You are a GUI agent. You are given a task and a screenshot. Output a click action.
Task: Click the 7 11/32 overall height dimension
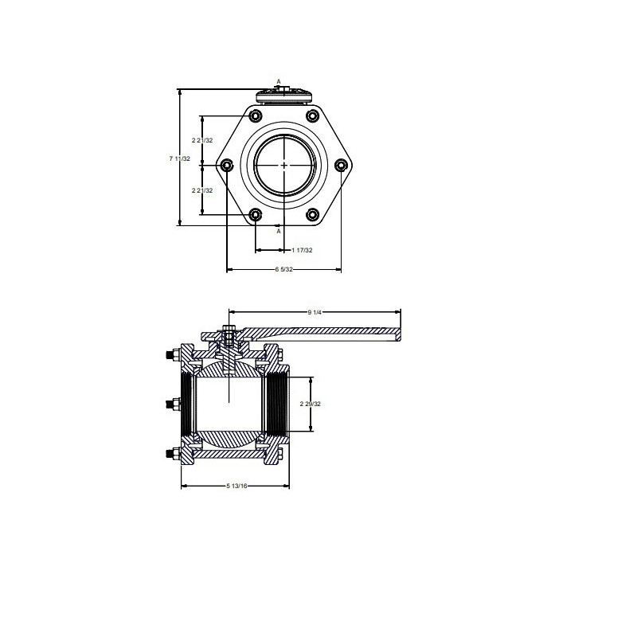[179, 159]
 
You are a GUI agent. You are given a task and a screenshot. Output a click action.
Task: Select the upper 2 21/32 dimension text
[203, 140]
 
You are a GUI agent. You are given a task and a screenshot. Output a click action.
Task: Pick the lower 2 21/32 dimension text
[203, 190]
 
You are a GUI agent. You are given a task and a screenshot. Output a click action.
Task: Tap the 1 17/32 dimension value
[302, 251]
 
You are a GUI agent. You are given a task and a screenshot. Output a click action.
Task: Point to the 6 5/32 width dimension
[284, 270]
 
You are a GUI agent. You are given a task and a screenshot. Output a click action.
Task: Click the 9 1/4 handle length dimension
[314, 312]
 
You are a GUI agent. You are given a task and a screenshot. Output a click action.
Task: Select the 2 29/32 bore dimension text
[310, 404]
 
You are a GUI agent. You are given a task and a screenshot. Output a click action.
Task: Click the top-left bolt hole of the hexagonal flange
[256, 117]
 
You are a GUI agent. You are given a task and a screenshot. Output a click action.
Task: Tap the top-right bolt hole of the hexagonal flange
[312, 117]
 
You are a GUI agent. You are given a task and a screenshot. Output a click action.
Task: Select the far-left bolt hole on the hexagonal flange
[227, 166]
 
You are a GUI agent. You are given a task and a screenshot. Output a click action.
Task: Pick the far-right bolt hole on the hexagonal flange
[341, 166]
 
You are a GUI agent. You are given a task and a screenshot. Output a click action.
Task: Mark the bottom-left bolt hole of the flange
[256, 214]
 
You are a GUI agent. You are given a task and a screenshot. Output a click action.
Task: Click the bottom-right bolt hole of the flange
[312, 214]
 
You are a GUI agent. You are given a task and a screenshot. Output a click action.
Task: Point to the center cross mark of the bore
[284, 166]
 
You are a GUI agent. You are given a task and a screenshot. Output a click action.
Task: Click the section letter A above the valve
[279, 81]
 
